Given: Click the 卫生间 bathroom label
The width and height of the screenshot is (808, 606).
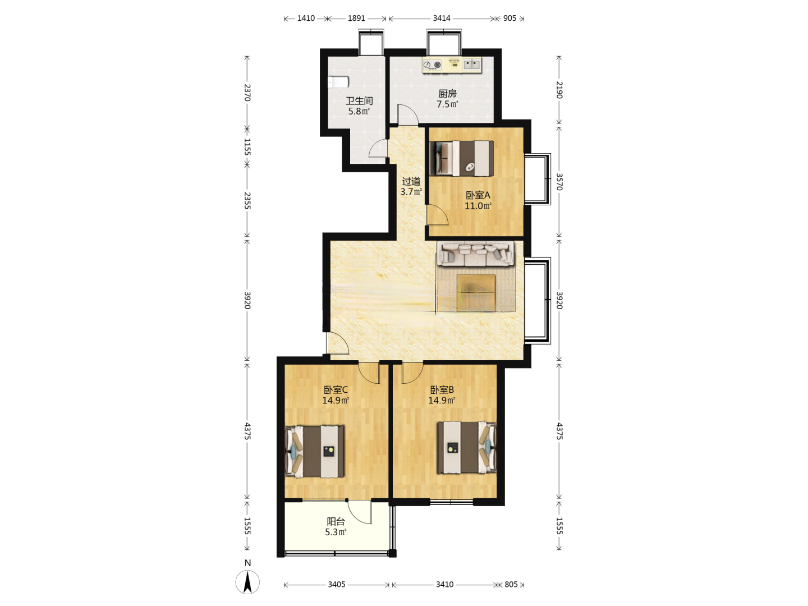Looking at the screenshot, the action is (359, 100).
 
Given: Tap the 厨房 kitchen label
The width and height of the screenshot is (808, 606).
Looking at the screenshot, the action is (447, 94).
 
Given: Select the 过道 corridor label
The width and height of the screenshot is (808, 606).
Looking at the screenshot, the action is (411, 181).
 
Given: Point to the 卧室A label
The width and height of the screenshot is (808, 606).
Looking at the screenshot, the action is (478, 195).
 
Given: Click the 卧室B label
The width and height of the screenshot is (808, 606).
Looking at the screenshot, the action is (442, 389).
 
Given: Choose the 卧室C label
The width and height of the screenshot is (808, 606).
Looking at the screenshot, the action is (336, 389).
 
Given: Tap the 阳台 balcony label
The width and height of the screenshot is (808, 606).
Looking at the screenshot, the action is (336, 521).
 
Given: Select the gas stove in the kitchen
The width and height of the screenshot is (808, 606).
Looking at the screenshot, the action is (432, 65).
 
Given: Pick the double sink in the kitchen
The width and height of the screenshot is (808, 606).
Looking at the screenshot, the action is (471, 65).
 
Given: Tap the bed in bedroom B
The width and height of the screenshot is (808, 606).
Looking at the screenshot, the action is (467, 447).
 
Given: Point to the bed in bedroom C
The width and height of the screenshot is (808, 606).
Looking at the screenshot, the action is (315, 452).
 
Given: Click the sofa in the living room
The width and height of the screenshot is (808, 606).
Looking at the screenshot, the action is (475, 254).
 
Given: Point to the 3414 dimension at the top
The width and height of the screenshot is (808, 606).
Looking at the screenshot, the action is (442, 19).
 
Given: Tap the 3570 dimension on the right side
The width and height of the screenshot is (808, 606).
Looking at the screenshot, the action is (559, 182).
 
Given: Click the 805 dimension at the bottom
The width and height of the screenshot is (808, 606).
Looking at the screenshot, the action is (511, 584).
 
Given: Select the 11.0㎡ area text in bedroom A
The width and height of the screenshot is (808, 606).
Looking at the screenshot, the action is (478, 206).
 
